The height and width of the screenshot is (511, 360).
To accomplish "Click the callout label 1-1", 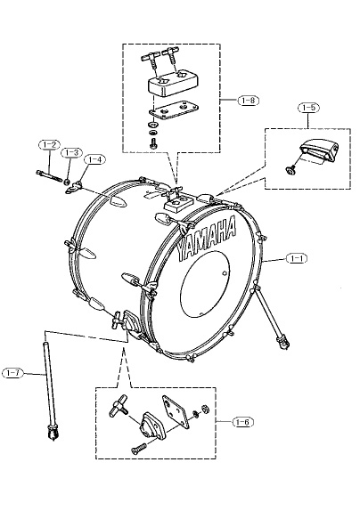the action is (297, 258).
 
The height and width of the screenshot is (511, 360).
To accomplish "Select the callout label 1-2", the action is (49, 144).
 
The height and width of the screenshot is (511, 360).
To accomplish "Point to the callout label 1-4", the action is (94, 159).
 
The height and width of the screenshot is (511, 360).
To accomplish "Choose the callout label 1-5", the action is (308, 108).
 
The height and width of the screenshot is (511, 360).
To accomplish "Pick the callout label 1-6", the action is (243, 422).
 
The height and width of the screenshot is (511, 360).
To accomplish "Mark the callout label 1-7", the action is (12, 373).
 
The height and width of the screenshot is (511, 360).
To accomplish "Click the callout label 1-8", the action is (249, 101).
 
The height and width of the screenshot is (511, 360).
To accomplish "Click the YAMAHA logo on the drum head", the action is (207, 237).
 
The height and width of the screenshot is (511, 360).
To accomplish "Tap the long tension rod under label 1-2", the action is (50, 176).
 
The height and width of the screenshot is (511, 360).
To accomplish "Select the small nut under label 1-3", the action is (67, 182).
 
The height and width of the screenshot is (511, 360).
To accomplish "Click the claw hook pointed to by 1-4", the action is (73, 188).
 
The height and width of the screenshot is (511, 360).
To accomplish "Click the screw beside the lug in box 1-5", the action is (290, 169).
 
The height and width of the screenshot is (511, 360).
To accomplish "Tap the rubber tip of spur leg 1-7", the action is (53, 433).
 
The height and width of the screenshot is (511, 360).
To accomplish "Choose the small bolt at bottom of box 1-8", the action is (153, 143).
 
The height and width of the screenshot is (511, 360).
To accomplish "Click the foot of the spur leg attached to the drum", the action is (283, 343).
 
